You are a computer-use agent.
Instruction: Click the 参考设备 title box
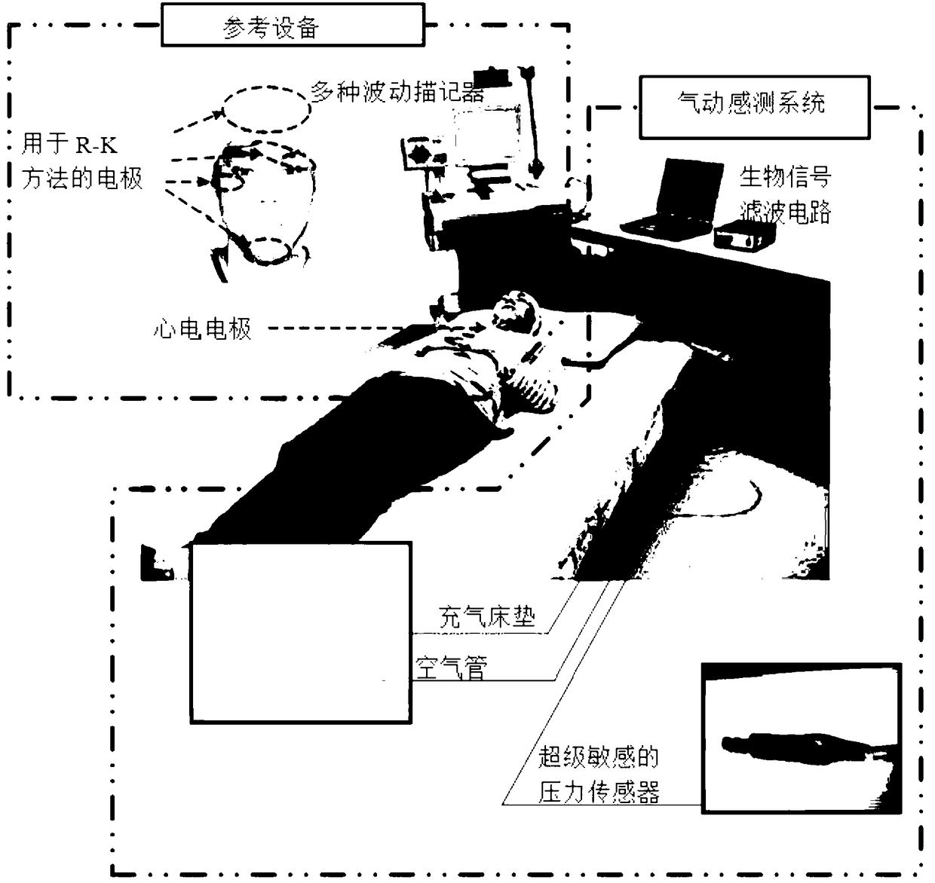pos(293,26)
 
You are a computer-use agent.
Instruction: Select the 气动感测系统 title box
pos(754,106)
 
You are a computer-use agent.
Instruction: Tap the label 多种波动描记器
pos(397,92)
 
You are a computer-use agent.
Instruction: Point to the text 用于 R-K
pos(69,143)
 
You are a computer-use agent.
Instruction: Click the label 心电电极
pos(202,328)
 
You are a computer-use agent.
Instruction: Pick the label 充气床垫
pos(486,617)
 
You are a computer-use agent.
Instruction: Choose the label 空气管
pos(452,668)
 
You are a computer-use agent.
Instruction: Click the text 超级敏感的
pos(599,756)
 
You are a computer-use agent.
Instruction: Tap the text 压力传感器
pos(599,791)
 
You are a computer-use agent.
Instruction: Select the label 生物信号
pos(786,177)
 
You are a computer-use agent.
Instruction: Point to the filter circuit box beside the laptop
pos(744,235)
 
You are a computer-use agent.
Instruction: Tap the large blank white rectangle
pos(300,633)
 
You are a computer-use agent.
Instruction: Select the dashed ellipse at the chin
pos(268,250)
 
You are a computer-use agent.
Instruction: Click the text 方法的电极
pos(82,179)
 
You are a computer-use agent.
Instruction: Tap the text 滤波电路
pos(786,212)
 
